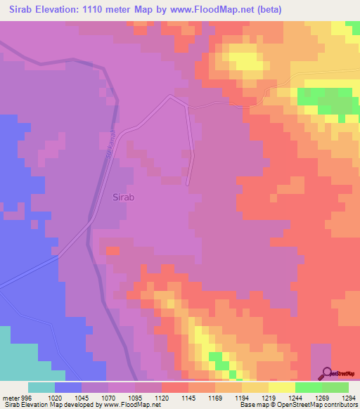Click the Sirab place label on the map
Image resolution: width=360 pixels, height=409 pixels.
click(124, 197)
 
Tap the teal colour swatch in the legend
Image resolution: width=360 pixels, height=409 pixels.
click(41, 387)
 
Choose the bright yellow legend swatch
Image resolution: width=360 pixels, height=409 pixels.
click(281, 387)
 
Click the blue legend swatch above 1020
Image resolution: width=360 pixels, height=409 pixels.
click(68, 387)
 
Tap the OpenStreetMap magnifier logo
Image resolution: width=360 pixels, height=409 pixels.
click(328, 375)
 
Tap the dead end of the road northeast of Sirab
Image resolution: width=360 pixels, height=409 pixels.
click(188, 185)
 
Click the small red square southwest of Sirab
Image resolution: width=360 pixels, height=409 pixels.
click(112, 250)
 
